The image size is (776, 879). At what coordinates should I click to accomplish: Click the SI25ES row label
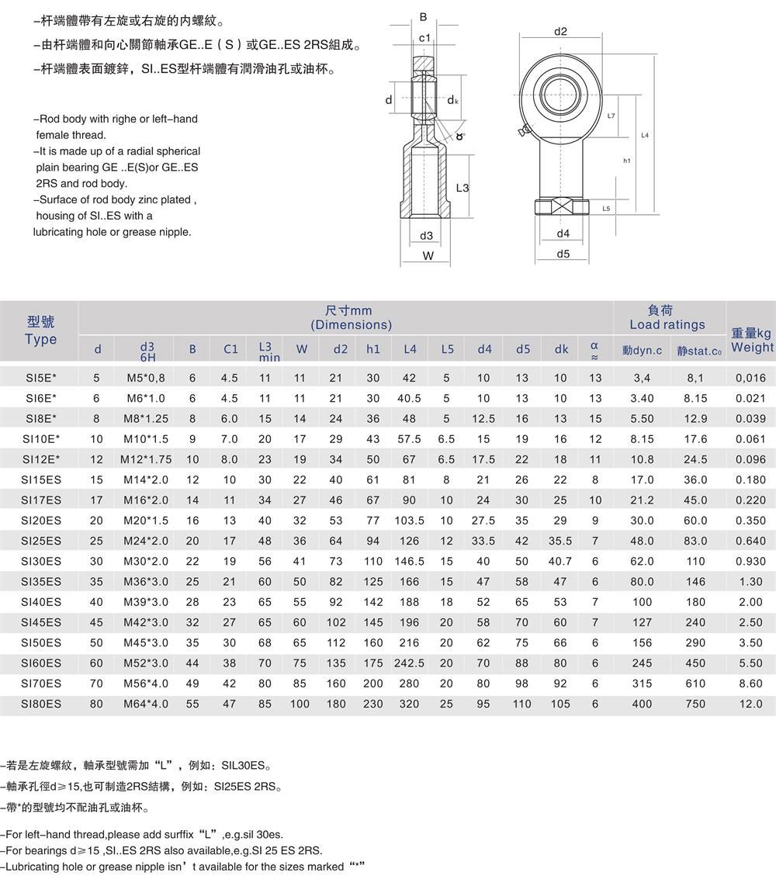pyautogui.click(x=40, y=541)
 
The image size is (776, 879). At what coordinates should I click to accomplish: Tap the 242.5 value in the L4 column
pyautogui.click(x=410, y=663)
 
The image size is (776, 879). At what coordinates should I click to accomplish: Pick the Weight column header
pyautogui.click(x=751, y=340)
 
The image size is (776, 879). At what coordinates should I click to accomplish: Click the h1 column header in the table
pyautogui.click(x=373, y=349)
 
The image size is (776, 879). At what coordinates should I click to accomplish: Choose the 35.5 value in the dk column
pyautogui.click(x=561, y=541)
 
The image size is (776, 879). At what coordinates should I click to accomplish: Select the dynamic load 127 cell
pyautogui.click(x=643, y=622)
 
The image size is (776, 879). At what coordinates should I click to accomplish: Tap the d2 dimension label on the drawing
pyautogui.click(x=561, y=32)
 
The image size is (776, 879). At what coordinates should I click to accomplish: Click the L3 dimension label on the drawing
pyautogui.click(x=462, y=188)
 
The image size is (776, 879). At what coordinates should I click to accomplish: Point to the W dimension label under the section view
pyautogui.click(x=428, y=256)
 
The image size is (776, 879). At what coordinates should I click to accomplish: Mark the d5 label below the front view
pyautogui.click(x=563, y=254)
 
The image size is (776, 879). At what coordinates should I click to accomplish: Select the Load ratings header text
pyautogui.click(x=667, y=324)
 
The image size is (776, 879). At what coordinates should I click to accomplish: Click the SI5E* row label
pyautogui.click(x=40, y=378)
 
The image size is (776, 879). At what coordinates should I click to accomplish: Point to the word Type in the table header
pyautogui.click(x=40, y=339)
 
